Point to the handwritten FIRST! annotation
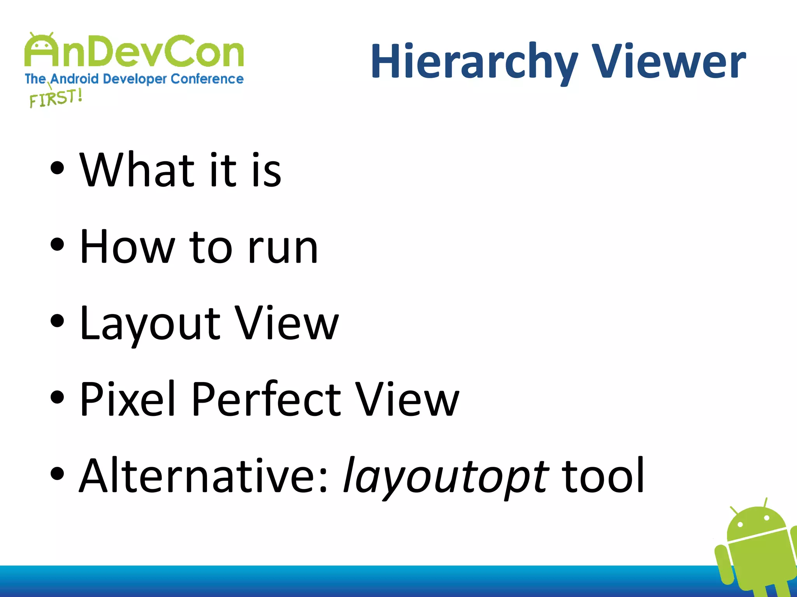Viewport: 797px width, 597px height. (56, 98)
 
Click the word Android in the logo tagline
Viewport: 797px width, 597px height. (74, 79)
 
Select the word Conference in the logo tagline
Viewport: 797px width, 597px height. (207, 79)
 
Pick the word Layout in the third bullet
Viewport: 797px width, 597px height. (150, 323)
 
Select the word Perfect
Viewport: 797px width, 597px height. (266, 400)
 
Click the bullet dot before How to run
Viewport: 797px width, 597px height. (57, 245)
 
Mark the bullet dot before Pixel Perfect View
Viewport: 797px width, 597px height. (57, 398)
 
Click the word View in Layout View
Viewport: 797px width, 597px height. (287, 323)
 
